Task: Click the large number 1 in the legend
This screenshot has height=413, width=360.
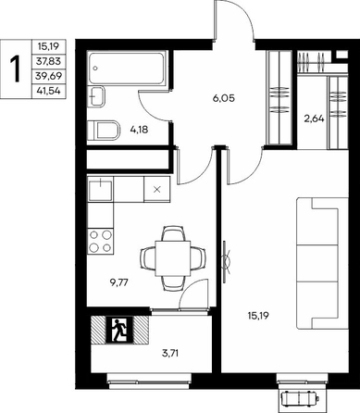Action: coord(15,69)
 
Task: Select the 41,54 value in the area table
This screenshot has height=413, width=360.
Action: coord(48,91)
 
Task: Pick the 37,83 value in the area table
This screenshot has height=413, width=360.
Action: coord(48,61)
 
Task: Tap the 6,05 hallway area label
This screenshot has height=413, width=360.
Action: coord(224,98)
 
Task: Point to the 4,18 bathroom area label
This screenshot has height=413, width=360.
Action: coord(139,130)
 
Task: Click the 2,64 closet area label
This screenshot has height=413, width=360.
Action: coord(315,119)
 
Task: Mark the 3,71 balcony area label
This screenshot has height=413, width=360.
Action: coord(170,353)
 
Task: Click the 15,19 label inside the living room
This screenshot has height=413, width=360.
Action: coord(258,316)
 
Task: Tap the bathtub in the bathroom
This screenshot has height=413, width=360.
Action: coord(127,68)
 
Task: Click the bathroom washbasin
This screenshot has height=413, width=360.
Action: coord(96,96)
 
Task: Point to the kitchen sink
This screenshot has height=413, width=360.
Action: coord(101,190)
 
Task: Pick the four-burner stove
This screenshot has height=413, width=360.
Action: coord(101,242)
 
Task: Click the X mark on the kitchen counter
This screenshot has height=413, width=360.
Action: coord(157,190)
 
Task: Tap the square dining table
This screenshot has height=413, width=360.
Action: coord(173,258)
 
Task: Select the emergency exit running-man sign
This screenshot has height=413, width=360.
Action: coord(119,330)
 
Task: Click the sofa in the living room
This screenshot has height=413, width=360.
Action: coord(322,263)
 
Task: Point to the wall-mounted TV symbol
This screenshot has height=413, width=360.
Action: coord(226,262)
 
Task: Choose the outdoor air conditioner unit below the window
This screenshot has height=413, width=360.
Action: coord(300,396)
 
